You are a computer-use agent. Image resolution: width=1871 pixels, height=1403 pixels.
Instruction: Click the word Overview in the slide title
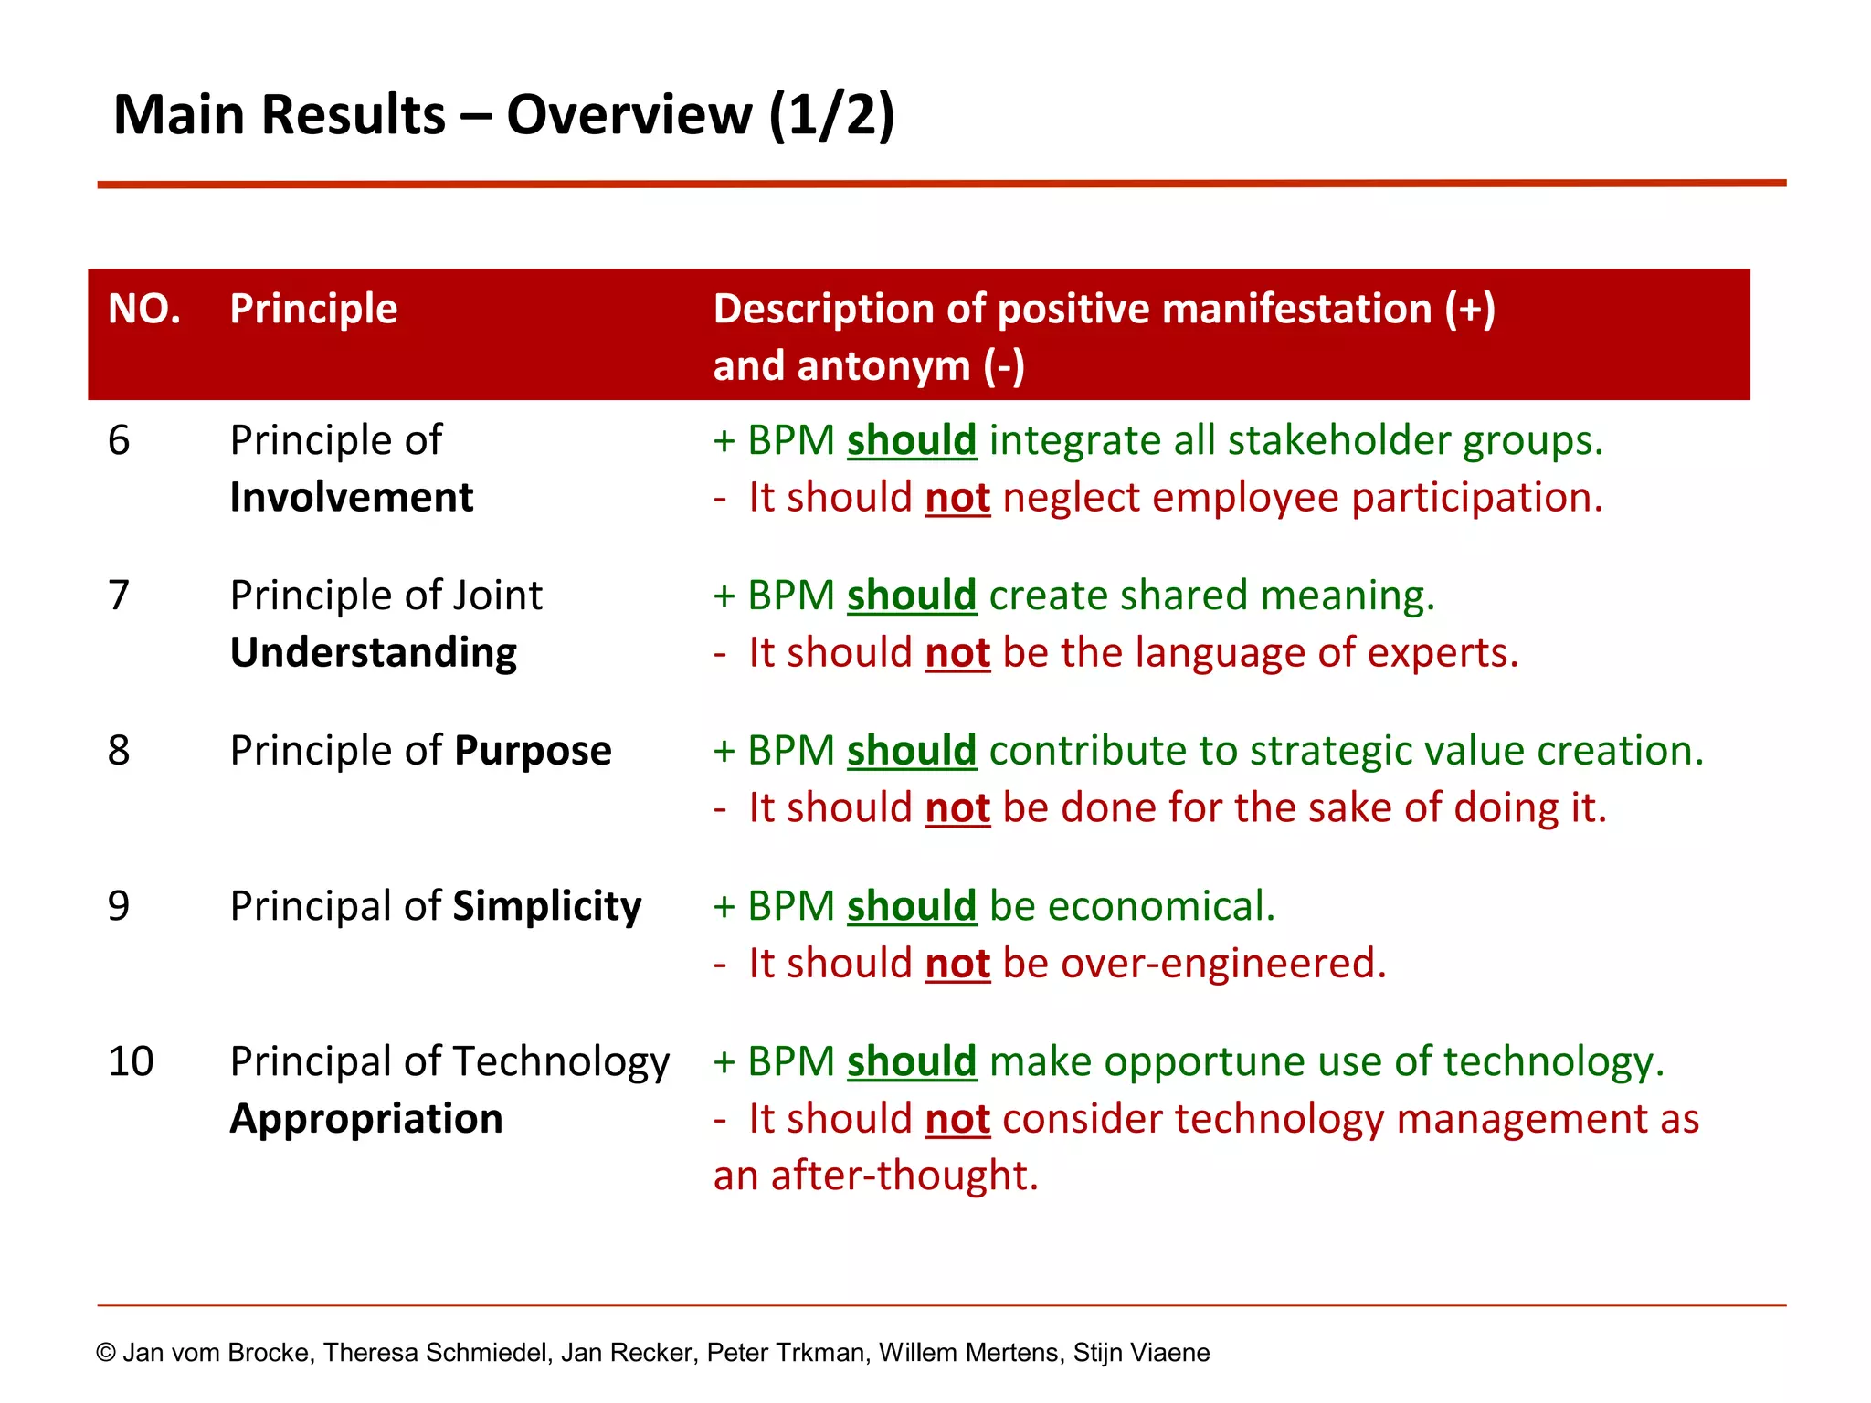629,116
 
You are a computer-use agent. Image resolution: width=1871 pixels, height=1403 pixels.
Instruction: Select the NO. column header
144,309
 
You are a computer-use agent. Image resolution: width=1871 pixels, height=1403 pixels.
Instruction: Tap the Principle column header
313,309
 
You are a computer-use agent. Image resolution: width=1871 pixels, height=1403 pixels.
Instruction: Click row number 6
120,441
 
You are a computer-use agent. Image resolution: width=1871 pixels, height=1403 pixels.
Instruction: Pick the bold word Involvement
352,498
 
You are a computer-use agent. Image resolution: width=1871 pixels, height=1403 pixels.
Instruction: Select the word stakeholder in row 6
1338,441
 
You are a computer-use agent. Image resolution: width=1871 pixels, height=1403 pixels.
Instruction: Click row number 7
120,596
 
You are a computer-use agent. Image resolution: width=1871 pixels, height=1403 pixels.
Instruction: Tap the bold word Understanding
373,653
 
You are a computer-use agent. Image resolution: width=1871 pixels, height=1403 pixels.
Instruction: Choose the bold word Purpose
533,751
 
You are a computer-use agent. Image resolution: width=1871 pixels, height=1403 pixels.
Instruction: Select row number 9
120,906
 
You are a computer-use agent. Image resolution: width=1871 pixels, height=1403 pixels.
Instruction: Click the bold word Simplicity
546,907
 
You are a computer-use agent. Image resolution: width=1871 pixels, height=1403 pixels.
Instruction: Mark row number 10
131,1061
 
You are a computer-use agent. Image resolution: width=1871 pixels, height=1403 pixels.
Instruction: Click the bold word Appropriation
366,1119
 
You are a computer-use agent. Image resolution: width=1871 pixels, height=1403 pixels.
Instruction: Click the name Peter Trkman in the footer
785,1353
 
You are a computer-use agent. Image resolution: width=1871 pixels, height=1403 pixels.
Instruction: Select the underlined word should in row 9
912,907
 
